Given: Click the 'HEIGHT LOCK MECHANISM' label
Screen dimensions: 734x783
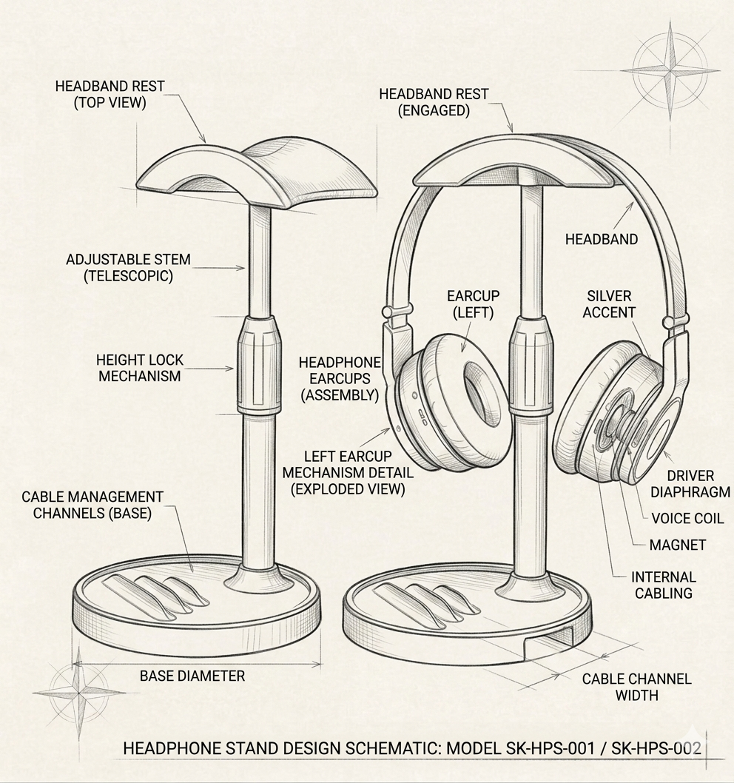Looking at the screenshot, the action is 140,368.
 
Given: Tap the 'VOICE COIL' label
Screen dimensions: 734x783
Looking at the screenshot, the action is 687,518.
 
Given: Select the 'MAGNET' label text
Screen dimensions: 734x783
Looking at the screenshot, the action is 678,545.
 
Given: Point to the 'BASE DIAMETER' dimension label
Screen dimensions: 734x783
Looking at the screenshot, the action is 192,676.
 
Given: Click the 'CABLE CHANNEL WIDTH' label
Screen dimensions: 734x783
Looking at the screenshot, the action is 636,687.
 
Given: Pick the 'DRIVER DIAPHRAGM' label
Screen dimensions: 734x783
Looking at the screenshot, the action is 690,484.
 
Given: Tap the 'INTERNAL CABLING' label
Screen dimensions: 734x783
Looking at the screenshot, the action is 664,585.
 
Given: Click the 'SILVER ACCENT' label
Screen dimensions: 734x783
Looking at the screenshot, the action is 609,304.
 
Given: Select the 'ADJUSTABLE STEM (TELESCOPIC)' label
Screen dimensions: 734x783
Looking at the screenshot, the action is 128,268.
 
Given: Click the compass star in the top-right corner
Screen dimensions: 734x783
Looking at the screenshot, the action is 670,70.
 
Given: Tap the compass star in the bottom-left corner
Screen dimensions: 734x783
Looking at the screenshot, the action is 79,694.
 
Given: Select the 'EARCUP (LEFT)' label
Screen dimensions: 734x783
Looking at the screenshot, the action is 473,304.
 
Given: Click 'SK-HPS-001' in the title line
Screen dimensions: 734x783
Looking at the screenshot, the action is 550,748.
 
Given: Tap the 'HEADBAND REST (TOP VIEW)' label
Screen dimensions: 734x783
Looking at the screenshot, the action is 110,95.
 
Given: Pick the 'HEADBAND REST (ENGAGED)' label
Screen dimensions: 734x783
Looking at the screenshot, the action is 434,102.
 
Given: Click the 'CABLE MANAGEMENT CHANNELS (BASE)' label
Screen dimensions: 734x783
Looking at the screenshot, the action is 92,505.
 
